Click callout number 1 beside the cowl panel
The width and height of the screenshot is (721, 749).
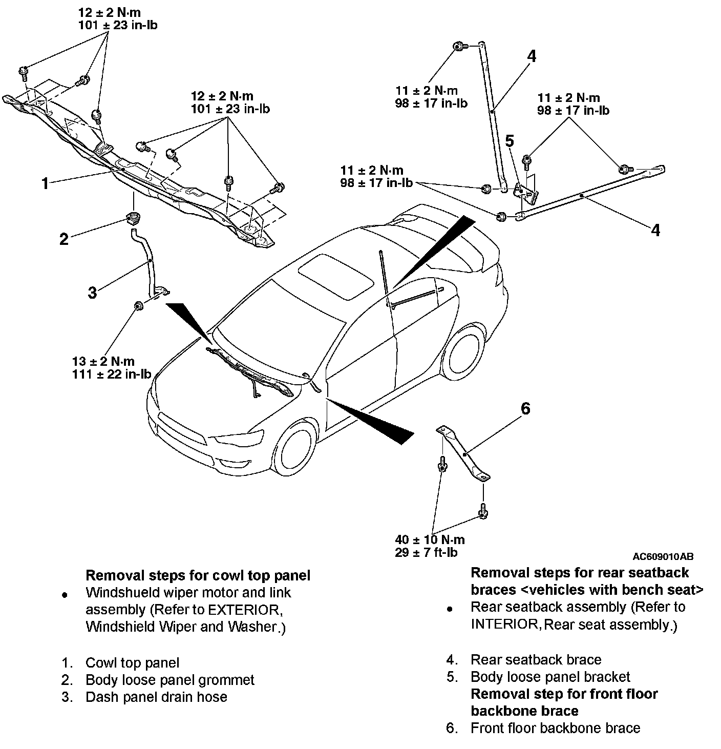[45, 183]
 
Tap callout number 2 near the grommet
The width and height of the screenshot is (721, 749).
[64, 239]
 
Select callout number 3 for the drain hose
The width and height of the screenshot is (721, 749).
[92, 293]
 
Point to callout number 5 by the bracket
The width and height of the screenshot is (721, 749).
[510, 141]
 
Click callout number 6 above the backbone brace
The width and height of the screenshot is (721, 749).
[525, 409]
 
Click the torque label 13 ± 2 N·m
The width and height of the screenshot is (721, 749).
[103, 362]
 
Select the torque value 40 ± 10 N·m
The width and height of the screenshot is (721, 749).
[430, 539]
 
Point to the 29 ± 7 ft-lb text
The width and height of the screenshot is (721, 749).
[426, 552]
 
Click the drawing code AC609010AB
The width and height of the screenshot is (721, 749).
[663, 556]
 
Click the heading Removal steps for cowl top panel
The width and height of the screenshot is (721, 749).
[198, 575]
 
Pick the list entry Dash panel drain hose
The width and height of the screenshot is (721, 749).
[156, 697]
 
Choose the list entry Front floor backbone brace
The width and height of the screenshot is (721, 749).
[555, 728]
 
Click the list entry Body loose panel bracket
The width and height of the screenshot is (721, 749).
[550, 677]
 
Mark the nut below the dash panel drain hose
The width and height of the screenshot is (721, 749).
[138, 306]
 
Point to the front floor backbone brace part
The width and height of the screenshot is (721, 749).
[463, 453]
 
